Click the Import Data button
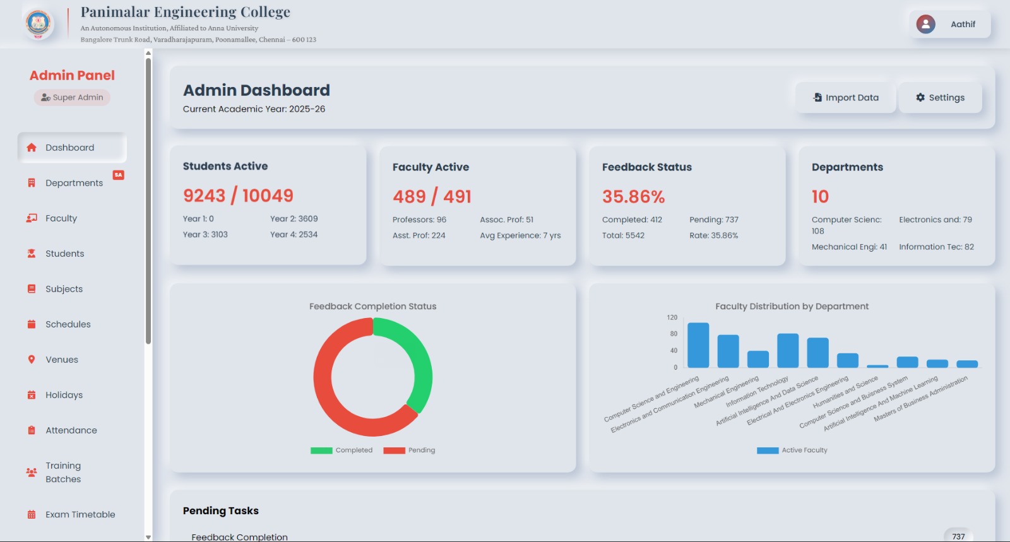tap(845, 98)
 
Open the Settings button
tap(940, 98)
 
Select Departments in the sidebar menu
tap(74, 183)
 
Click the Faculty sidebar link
tap(61, 218)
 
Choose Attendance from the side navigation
tap(71, 430)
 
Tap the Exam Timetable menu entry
tap(80, 515)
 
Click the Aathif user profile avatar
tap(925, 24)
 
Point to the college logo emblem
tap(38, 23)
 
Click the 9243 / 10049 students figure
tap(238, 196)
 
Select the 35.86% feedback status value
tap(633, 197)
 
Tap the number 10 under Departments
tap(820, 197)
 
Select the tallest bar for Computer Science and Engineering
tap(698, 345)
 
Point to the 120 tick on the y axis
tap(672, 317)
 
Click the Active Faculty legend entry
tap(792, 451)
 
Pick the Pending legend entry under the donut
tap(409, 451)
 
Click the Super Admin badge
tap(72, 97)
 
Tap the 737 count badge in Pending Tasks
tap(958, 536)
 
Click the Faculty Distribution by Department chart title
tap(792, 307)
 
